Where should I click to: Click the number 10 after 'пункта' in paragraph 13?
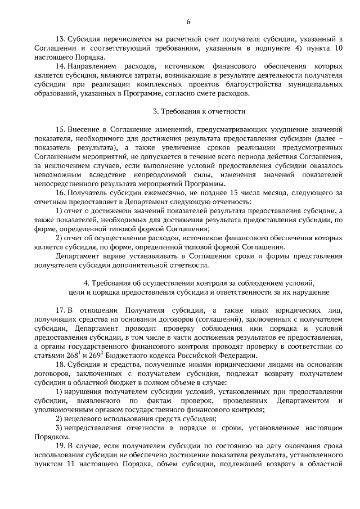(x=337, y=48)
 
